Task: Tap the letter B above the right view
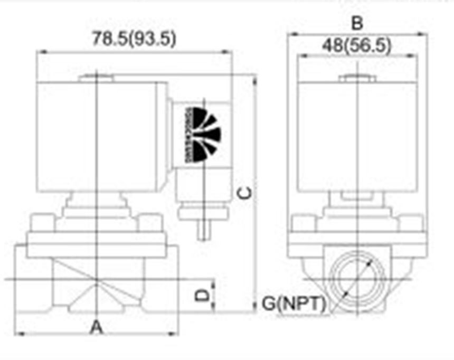pyautogui.click(x=357, y=23)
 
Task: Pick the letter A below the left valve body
pyautogui.click(x=96, y=328)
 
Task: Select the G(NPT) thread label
pyautogui.click(x=294, y=304)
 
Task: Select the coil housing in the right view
pyautogui.click(x=357, y=137)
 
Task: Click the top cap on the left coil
pyautogui.click(x=97, y=79)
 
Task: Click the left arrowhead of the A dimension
pyautogui.click(x=20, y=334)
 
